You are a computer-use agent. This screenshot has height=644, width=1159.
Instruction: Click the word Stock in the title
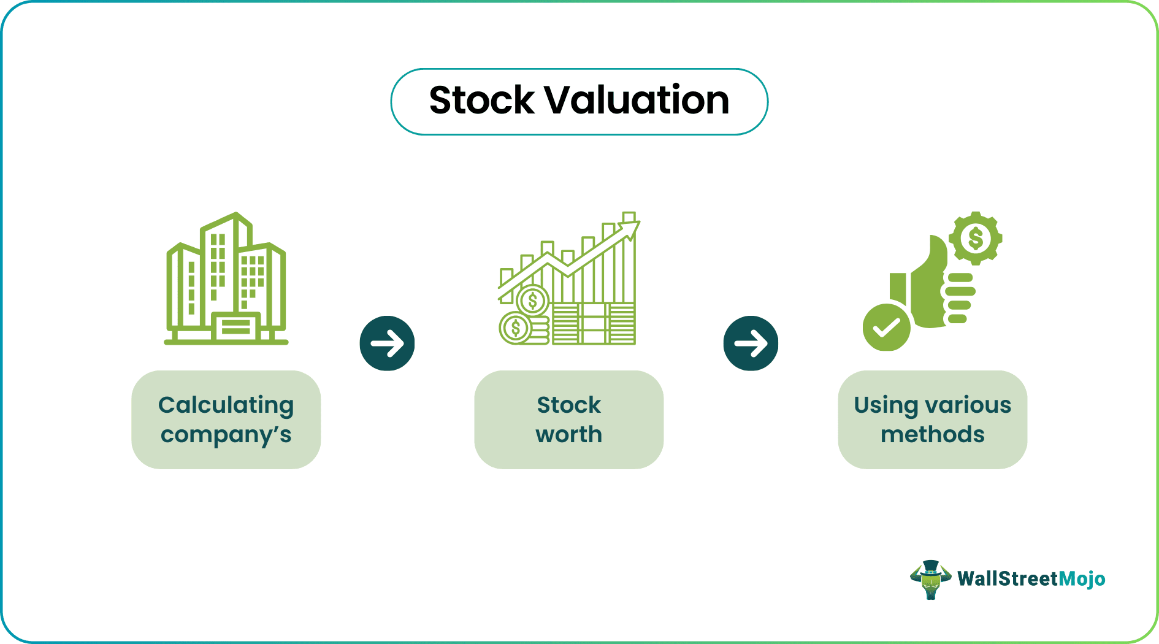coord(482,100)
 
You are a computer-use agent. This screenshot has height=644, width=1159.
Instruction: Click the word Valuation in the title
coord(637,100)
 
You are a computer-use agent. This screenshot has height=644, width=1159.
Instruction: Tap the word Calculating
coord(226,406)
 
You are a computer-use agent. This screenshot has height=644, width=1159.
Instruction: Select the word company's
coord(226,435)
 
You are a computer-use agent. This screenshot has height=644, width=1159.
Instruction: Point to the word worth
coord(569,434)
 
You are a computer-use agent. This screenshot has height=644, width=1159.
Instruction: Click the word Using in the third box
coord(886,406)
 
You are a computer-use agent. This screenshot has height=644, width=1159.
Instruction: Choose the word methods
coord(933,434)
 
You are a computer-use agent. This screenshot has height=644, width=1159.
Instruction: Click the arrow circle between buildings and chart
coord(387,343)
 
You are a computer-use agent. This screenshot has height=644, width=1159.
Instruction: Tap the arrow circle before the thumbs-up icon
coord(751,343)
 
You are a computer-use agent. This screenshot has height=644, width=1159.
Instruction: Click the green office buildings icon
coord(226,279)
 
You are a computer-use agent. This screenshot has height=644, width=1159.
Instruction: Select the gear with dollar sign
coord(975,238)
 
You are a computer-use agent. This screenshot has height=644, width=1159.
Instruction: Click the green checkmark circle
coord(887,328)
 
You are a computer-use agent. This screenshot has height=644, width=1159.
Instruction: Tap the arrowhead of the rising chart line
coord(632,229)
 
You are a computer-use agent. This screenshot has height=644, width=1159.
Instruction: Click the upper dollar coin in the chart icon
coord(532,301)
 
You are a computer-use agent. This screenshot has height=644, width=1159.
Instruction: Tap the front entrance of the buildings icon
coord(235,326)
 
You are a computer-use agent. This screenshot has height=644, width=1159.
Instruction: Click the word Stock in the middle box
coord(569,405)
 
